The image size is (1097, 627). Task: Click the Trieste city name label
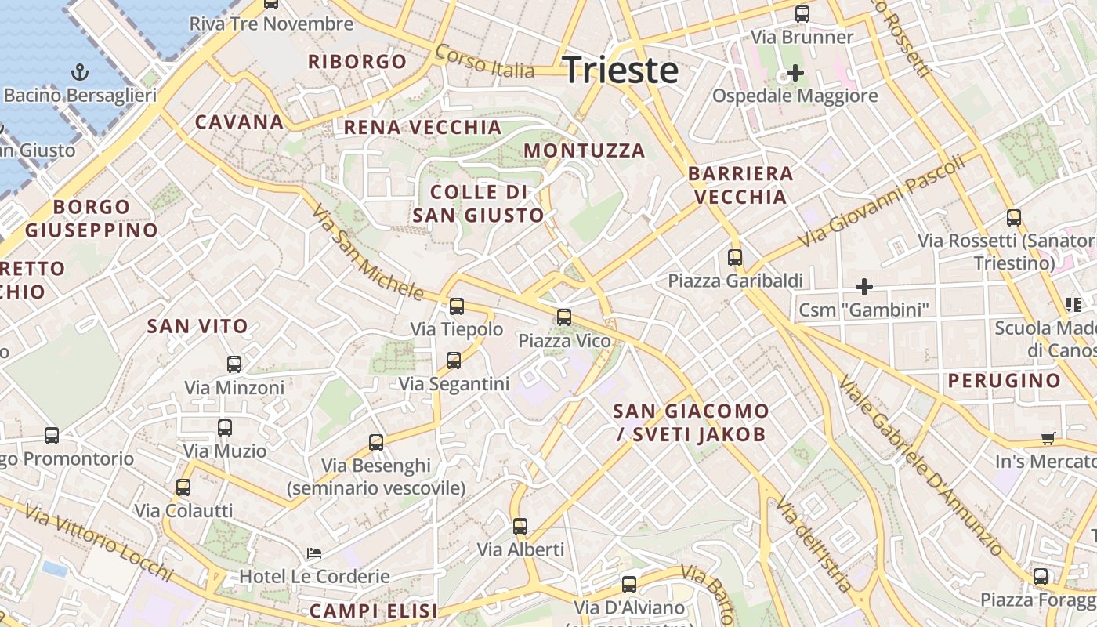coord(620,70)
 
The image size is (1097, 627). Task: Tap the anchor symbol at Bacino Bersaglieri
coord(79,73)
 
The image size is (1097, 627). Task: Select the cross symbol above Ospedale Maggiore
coord(795,74)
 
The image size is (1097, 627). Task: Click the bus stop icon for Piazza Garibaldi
coord(734,257)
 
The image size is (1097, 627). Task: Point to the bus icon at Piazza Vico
coord(563,317)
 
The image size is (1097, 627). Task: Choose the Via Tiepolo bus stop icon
coord(456,306)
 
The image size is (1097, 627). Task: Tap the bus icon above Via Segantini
coord(453,361)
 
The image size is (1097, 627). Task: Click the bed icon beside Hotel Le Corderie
coord(313,553)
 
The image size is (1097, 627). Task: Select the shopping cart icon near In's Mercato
coord(1048,438)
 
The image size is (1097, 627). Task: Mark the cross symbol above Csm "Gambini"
coord(863,287)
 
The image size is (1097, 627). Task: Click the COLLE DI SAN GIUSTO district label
coord(478,204)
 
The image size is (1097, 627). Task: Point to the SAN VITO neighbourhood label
coord(197,326)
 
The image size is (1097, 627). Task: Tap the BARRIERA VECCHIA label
coord(740,185)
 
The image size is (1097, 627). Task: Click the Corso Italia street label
coord(484,61)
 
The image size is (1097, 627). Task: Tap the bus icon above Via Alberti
coord(520,527)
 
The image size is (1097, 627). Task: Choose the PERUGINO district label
coord(1004,381)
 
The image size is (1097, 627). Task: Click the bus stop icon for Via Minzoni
coord(234,364)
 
